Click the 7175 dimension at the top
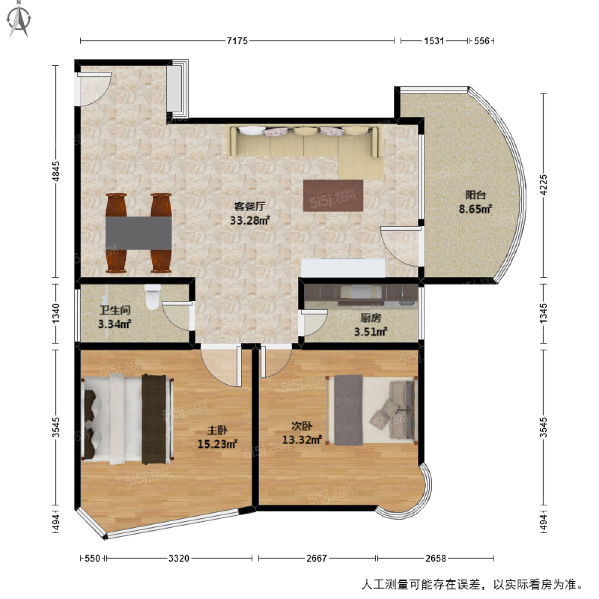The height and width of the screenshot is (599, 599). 237,41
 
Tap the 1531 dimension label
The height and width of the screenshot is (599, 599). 434,41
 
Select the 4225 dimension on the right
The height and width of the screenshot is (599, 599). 544,185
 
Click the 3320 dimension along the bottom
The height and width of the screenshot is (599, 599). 179,558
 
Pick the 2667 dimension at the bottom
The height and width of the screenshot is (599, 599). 316,558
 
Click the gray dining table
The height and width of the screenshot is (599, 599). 138,233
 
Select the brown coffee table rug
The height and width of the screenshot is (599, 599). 332,195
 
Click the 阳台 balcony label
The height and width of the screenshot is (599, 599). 475,195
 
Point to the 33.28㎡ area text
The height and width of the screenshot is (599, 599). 250,220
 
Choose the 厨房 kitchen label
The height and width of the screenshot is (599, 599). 370,317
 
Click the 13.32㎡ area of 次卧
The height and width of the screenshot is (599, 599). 301,440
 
